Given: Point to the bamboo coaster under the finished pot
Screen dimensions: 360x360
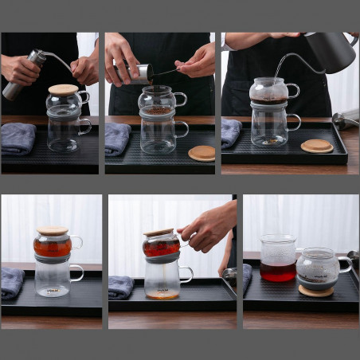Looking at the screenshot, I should click(316, 291).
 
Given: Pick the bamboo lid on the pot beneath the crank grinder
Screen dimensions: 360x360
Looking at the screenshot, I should click(63, 89).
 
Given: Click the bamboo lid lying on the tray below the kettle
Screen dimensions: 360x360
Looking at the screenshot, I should click(317, 146).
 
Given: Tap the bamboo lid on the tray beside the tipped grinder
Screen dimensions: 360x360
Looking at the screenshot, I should click(202, 152).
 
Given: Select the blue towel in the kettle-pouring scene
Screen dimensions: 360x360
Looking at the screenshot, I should click(231, 132).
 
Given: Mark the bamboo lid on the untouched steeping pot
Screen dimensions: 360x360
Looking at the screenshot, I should click(53, 231).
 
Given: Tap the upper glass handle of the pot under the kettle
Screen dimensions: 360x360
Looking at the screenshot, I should click(292, 91).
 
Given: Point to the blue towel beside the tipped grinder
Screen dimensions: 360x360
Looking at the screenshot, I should click(117, 138).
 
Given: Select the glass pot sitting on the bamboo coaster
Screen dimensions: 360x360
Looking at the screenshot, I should click(318, 268).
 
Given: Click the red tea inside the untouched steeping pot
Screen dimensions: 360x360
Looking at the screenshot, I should click(53, 248).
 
